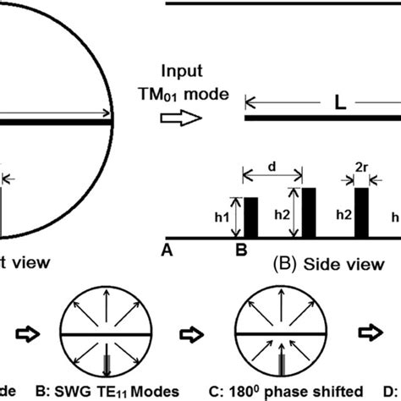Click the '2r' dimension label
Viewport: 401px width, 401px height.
pos(360,179)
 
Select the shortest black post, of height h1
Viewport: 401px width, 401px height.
pos(250,217)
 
